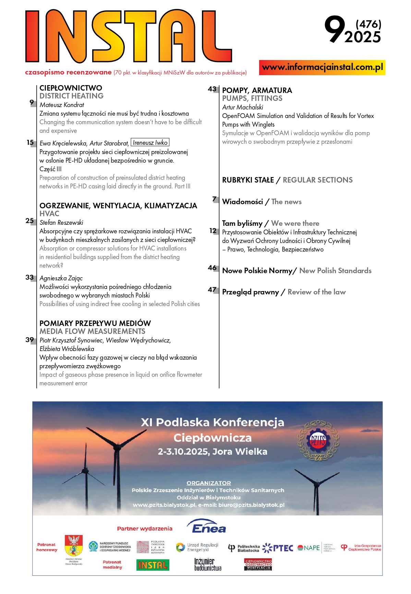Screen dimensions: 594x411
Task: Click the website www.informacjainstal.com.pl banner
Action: (x=322, y=67)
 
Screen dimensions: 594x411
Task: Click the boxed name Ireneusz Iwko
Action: (x=150, y=142)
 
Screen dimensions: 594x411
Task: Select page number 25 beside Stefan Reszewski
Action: (x=30, y=221)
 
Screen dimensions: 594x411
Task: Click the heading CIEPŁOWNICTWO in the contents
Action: (x=71, y=88)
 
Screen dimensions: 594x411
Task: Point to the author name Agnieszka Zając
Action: (x=61, y=278)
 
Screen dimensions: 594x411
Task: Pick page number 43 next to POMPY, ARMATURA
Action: (x=212, y=89)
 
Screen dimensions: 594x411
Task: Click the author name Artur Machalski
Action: (x=243, y=107)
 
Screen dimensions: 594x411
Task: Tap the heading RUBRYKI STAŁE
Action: (x=248, y=180)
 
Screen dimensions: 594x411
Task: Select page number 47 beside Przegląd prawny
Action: (x=212, y=290)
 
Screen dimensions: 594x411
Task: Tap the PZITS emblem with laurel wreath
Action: (x=318, y=441)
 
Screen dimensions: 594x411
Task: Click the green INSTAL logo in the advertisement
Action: (x=153, y=565)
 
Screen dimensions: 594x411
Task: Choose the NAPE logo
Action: (x=309, y=548)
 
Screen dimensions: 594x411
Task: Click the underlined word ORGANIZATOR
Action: (x=208, y=483)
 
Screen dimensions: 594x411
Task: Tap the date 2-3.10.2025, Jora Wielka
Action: (x=212, y=452)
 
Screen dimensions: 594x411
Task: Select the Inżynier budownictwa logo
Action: (x=208, y=564)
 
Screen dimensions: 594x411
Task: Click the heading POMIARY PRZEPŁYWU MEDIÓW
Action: (x=95, y=323)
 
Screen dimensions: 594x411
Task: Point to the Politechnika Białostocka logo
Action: (x=244, y=548)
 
